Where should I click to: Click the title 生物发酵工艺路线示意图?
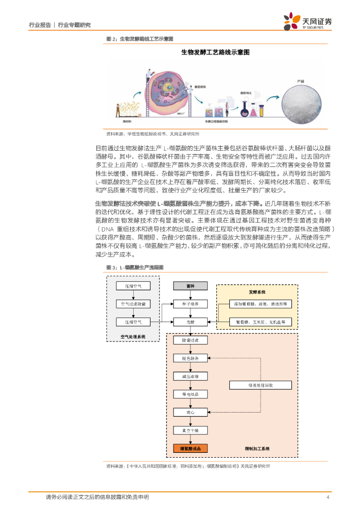[x=214, y=52]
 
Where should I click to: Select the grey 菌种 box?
[x=189, y=286]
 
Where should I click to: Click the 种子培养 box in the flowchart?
[x=189, y=304]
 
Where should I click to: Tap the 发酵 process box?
[x=189, y=322]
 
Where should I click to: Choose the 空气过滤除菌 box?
[x=133, y=304]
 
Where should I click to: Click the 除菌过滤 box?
[x=189, y=340]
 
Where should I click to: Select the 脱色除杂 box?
[x=189, y=358]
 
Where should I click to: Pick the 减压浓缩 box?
[x=189, y=376]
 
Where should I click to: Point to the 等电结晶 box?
[x=189, y=394]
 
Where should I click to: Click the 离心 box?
[x=189, y=412]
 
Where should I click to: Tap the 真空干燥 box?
[x=189, y=430]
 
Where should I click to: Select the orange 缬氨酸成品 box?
[x=189, y=448]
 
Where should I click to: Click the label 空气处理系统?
[x=133, y=337]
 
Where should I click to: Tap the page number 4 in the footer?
[x=328, y=497]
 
